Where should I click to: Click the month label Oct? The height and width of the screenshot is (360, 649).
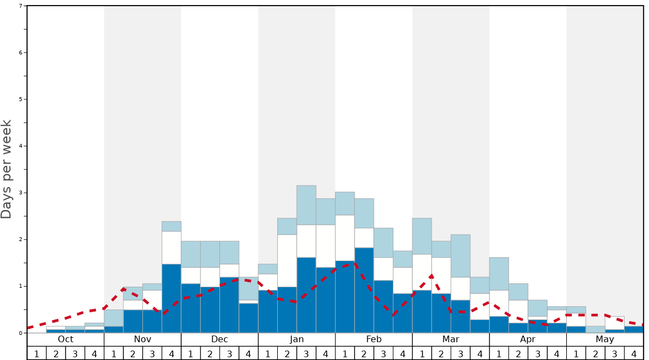tap(66, 339)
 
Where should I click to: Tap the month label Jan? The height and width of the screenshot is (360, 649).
tap(297, 339)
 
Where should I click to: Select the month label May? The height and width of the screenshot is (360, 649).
tap(605, 339)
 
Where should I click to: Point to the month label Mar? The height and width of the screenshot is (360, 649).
tap(451, 339)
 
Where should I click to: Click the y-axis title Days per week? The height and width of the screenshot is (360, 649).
tap(7, 169)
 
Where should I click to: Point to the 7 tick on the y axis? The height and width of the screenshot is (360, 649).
tap(21, 6)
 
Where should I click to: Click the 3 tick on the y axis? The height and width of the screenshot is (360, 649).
tap(21, 193)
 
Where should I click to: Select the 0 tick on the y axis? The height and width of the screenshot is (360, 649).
tap(21, 333)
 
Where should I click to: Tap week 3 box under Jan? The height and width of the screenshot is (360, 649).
tap(306, 353)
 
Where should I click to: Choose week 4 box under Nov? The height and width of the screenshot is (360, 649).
tap(171, 353)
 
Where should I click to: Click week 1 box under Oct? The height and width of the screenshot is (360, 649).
tap(37, 353)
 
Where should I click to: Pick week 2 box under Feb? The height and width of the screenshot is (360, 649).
tap(364, 353)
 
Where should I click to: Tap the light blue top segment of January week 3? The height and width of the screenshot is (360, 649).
tap(306, 205)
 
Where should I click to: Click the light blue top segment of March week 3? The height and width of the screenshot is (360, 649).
tap(460, 256)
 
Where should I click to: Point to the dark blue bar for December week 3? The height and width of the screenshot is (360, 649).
tap(229, 305)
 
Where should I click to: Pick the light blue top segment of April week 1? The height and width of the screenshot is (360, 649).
tap(499, 273)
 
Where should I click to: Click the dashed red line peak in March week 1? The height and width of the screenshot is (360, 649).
tap(431, 276)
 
